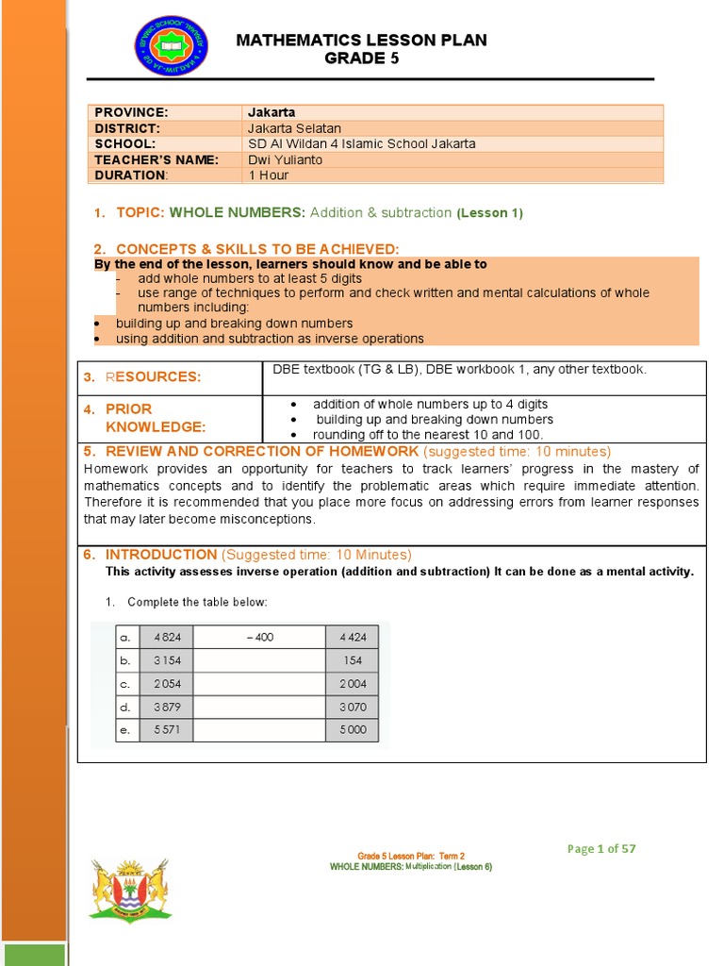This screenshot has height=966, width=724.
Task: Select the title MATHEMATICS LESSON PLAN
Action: pos(361,40)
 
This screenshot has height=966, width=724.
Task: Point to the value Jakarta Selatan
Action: pos(294,128)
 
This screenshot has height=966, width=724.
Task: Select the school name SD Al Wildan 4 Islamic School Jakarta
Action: pos(361,143)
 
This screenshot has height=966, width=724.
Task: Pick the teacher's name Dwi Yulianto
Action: pos(285,159)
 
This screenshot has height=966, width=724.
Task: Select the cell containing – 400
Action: pos(259,638)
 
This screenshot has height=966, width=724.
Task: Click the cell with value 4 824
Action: pos(166,638)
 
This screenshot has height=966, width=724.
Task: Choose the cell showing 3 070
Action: pos(353,707)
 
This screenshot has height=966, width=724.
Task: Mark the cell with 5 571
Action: pos(166,730)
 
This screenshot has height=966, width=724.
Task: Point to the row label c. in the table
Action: pos(124,684)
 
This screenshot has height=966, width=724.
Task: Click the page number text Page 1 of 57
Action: pos(601,848)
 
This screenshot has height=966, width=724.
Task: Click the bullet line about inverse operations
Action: pos(270,339)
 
